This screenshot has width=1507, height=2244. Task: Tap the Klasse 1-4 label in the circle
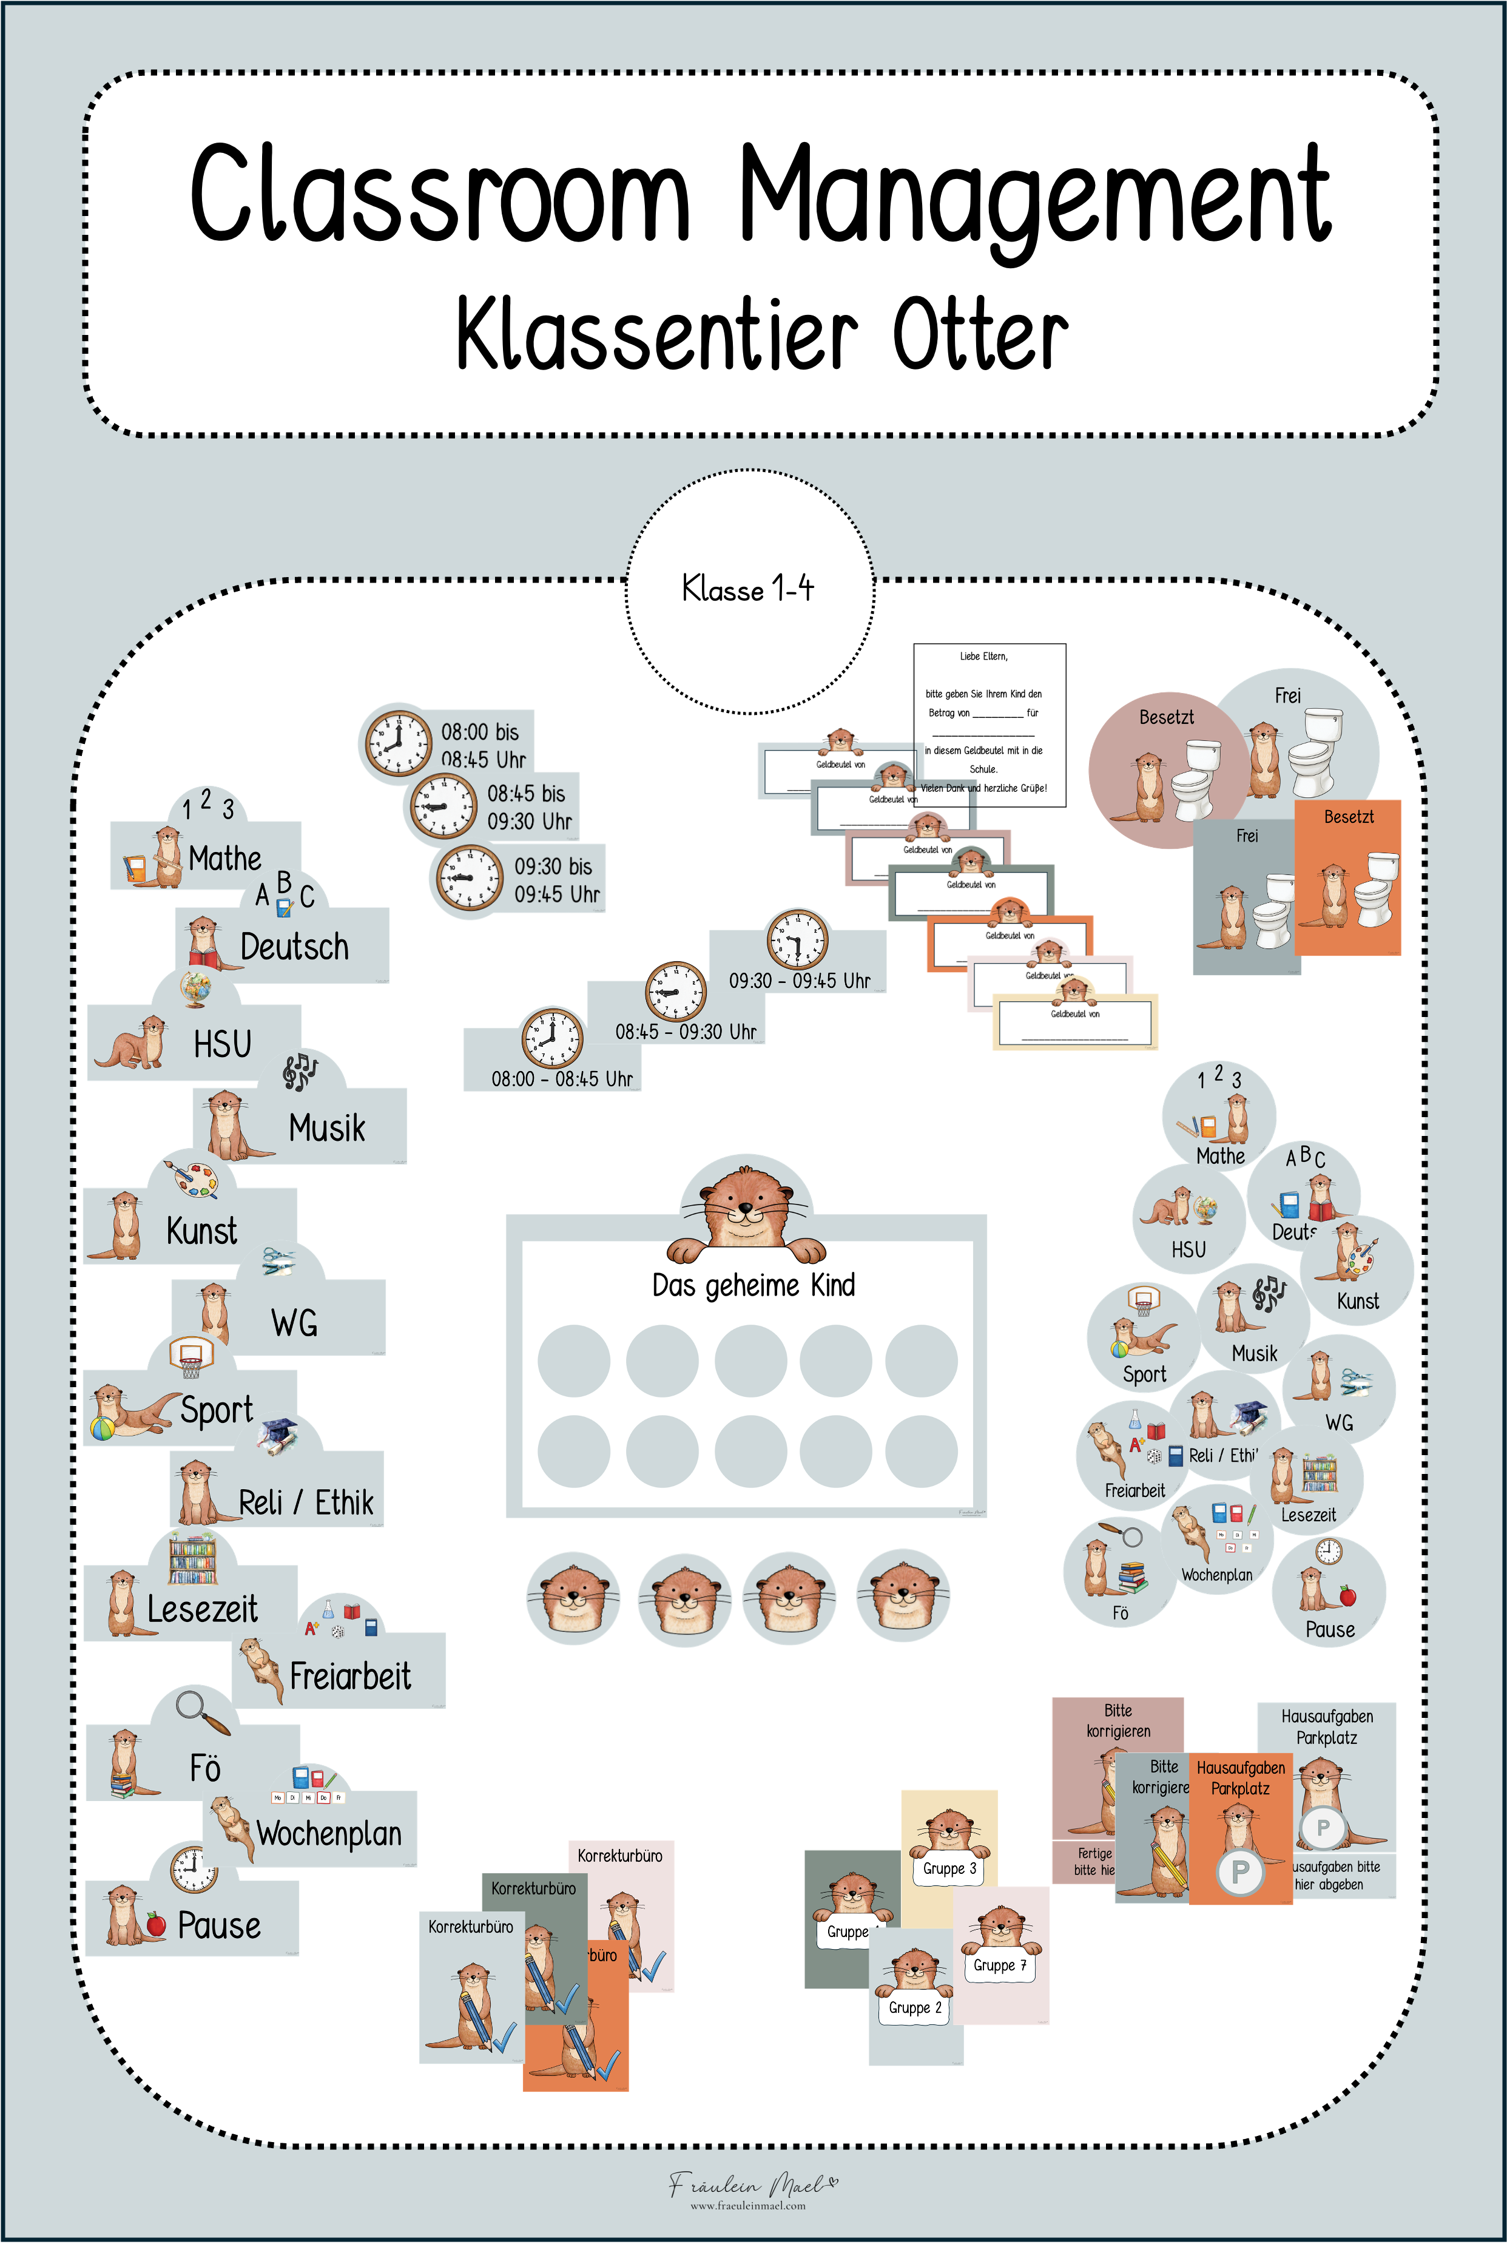click(x=747, y=588)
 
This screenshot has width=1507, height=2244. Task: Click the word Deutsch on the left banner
click(x=294, y=947)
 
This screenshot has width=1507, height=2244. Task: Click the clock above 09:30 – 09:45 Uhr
click(x=797, y=939)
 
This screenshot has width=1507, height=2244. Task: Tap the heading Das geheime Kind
click(x=753, y=1285)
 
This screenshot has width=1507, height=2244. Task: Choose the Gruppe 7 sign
click(x=1000, y=1965)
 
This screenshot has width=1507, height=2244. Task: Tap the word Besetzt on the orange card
click(x=1349, y=817)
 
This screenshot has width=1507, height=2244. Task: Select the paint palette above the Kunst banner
click(x=196, y=1179)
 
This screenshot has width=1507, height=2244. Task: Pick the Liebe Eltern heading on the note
click(x=983, y=657)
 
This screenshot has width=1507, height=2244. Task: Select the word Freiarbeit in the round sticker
click(x=1134, y=1490)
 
